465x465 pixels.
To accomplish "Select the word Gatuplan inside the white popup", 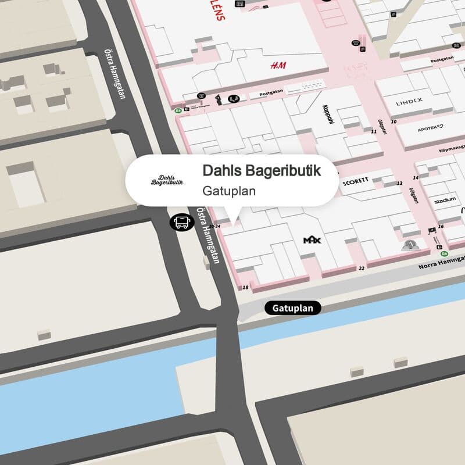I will (x=230, y=190).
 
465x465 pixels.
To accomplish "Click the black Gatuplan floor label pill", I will (x=293, y=308).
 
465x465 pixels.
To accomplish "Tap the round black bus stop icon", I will (x=181, y=221).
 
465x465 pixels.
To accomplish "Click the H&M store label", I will (x=278, y=66).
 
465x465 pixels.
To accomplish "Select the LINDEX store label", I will (x=409, y=102).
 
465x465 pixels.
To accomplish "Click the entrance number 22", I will (x=362, y=268).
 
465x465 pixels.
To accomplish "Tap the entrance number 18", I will (x=245, y=288).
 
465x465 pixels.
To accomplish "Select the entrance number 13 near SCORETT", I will (x=399, y=184).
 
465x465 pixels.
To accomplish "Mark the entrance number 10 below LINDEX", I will (x=394, y=121).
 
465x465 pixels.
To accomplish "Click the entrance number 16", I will (x=441, y=226).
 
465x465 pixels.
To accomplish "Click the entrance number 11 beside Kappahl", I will (x=374, y=131).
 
